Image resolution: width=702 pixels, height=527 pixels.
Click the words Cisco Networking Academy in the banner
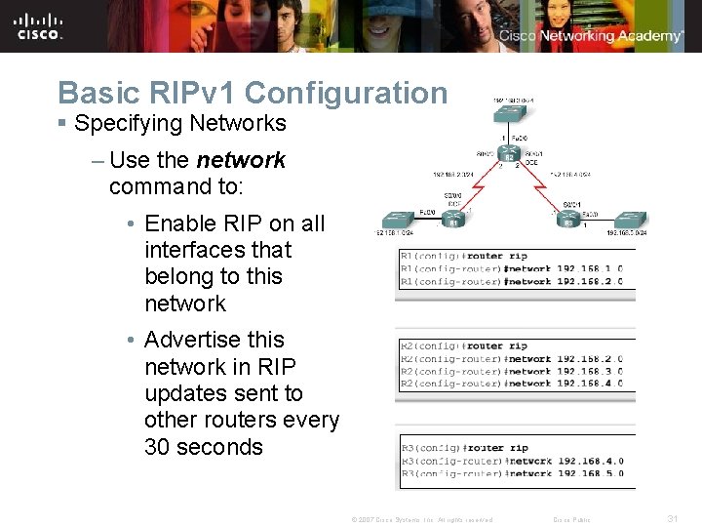[591, 36]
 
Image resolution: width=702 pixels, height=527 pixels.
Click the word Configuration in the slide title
[346, 93]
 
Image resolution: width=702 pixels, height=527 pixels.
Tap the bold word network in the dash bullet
[241, 159]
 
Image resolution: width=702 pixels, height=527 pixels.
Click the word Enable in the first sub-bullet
[177, 223]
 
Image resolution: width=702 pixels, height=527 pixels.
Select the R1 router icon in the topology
[452, 220]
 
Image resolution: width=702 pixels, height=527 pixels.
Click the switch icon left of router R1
[400, 220]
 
